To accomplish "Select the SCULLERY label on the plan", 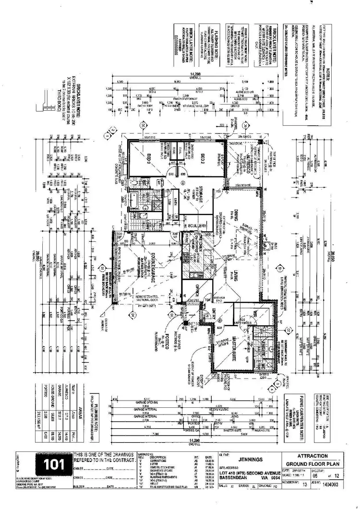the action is click(x=197, y=225).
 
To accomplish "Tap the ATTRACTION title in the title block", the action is click(x=313, y=456).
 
